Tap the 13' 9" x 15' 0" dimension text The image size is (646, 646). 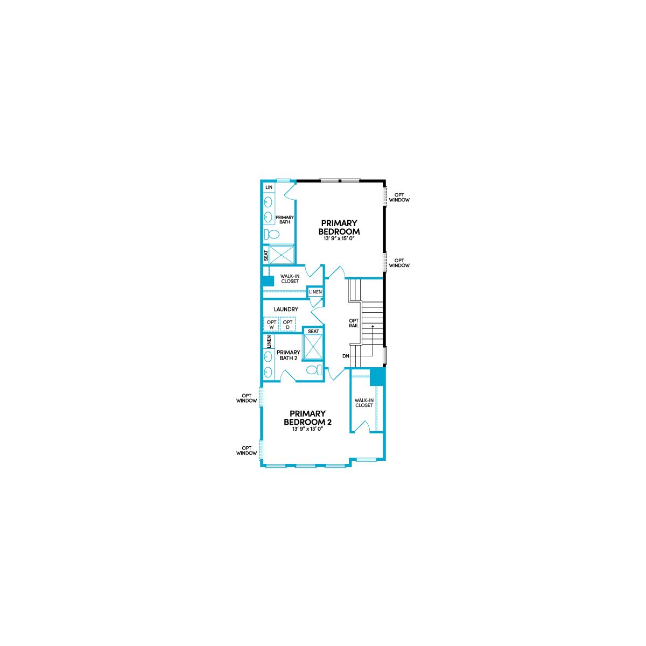pos(339,238)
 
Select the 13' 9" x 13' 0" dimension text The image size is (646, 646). pos(307,429)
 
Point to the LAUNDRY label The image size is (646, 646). pos(286,309)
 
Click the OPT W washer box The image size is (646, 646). pos(271,324)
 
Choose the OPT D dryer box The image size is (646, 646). pos(287,324)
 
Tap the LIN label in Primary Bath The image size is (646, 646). pos(269,187)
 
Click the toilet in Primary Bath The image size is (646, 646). pos(271,234)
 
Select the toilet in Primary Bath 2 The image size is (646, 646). pos(314,370)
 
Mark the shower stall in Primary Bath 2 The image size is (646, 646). pos(312,348)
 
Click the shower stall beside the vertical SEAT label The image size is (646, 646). pos(282,255)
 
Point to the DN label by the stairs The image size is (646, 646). pos(346,356)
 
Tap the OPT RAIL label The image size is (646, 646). pos(354,323)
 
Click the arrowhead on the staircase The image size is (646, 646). pos(373,326)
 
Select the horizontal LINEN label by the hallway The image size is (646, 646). pos(315,292)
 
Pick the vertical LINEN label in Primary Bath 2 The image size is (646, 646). pos(269,342)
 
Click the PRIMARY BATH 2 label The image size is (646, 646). pos(289,355)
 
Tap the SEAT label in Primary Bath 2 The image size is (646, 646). pos(313,331)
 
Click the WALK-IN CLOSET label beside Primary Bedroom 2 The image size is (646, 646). pos(364,403)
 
